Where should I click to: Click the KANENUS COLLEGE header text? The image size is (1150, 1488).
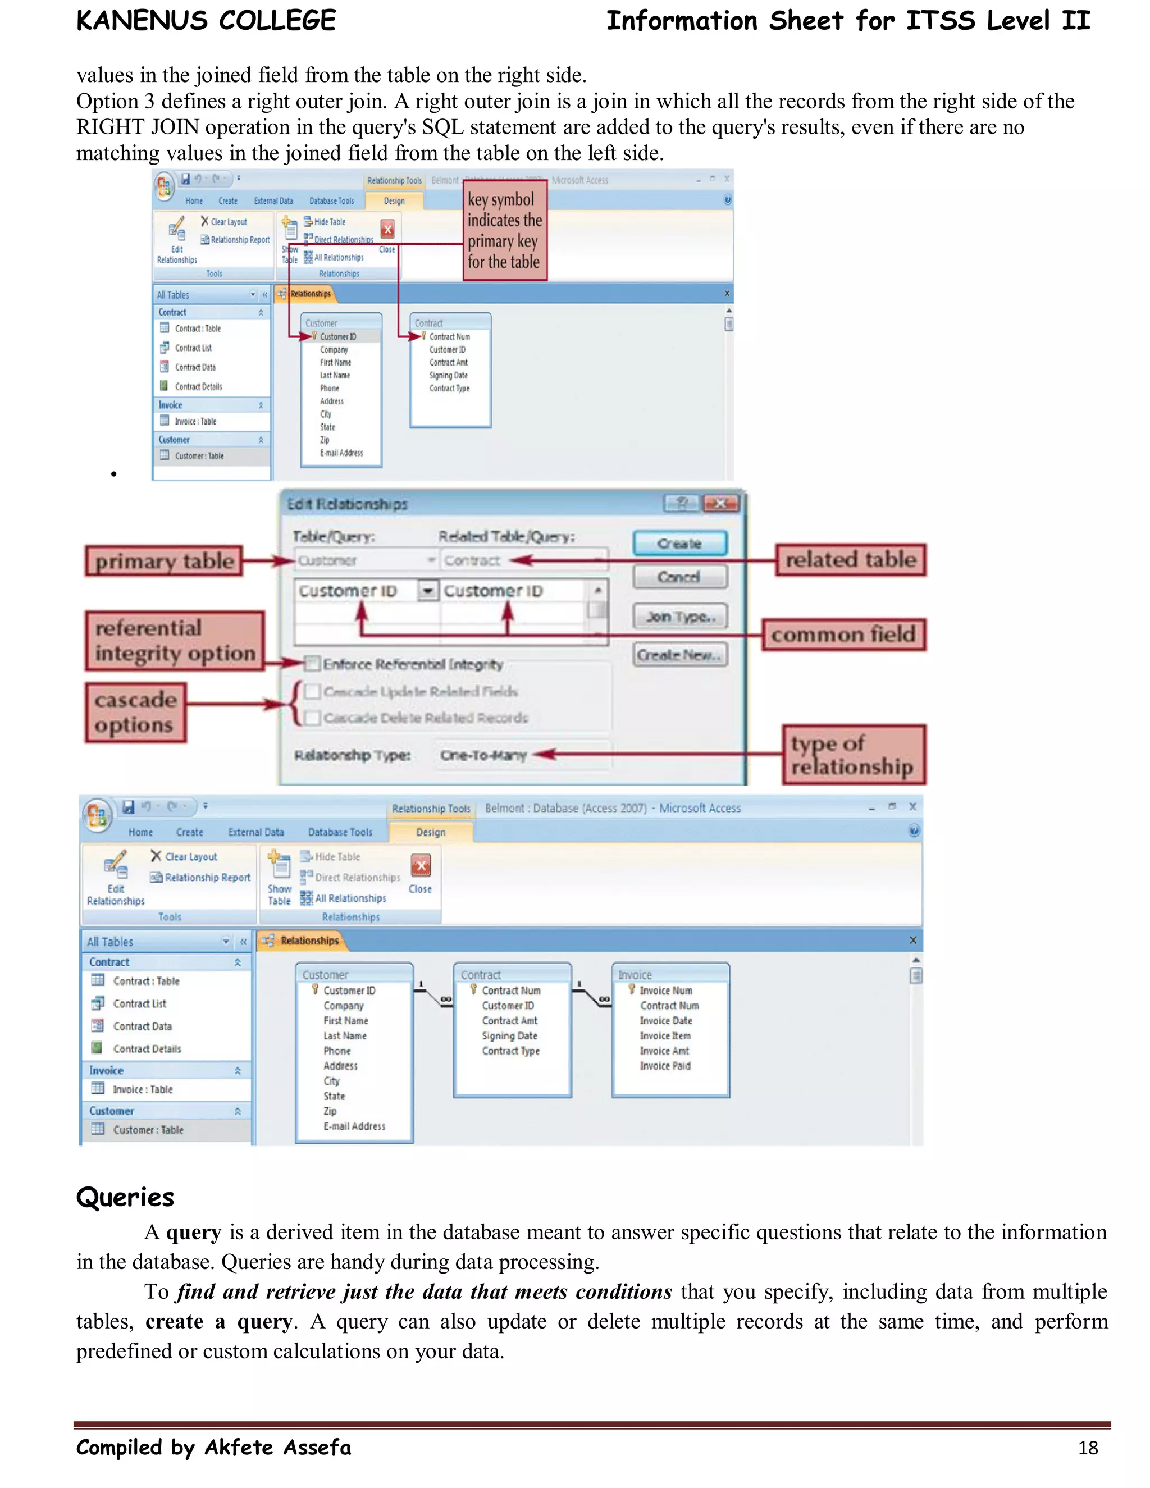(x=206, y=20)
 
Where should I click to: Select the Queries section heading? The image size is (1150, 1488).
(x=125, y=1197)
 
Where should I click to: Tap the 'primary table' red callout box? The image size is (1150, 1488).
(x=163, y=561)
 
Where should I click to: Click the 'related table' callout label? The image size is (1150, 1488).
(x=850, y=559)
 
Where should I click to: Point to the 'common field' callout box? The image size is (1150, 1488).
(x=843, y=635)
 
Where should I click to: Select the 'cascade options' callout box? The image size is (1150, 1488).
(x=135, y=712)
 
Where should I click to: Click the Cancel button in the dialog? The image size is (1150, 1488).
(x=679, y=577)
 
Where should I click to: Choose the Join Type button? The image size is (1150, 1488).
(x=679, y=617)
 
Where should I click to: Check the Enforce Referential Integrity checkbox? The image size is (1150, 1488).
(x=312, y=664)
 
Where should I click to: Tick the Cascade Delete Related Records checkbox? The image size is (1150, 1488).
(x=313, y=718)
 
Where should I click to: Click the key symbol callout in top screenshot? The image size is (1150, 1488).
(x=504, y=230)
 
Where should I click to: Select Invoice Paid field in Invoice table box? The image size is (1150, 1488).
(x=665, y=1066)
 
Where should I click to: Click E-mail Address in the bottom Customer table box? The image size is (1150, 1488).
(x=354, y=1126)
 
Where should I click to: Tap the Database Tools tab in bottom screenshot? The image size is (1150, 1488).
(x=340, y=832)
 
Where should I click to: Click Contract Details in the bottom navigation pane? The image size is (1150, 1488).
(x=147, y=1048)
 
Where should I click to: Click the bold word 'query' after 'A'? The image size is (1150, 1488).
(x=194, y=1233)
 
